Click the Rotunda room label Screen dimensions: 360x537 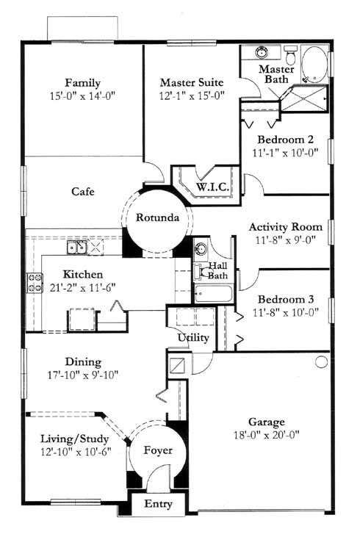[x=157, y=217]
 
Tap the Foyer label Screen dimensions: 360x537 [x=157, y=450]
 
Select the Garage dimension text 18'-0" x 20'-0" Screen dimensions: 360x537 [x=267, y=435]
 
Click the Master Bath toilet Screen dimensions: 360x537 [x=290, y=55]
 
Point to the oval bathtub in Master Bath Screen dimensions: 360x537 [x=314, y=65]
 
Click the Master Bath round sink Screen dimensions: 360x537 [x=262, y=53]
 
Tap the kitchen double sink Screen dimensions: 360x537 [x=76, y=247]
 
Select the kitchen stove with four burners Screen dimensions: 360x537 [x=35, y=283]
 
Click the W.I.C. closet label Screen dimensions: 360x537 [x=212, y=187]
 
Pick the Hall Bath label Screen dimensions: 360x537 [x=218, y=270]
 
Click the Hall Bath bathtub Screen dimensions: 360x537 [x=214, y=293]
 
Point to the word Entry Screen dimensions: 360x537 [x=158, y=504]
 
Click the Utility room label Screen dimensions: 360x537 [x=193, y=338]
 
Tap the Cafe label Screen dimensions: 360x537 [x=83, y=191]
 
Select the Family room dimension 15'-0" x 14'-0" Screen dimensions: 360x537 [x=82, y=95]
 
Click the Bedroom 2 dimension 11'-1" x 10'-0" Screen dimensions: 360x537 [x=285, y=152]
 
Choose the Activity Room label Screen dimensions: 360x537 [x=286, y=227]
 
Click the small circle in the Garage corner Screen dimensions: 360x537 [x=321, y=361]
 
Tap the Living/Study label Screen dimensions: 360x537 [x=75, y=439]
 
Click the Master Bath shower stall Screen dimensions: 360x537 [x=304, y=98]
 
